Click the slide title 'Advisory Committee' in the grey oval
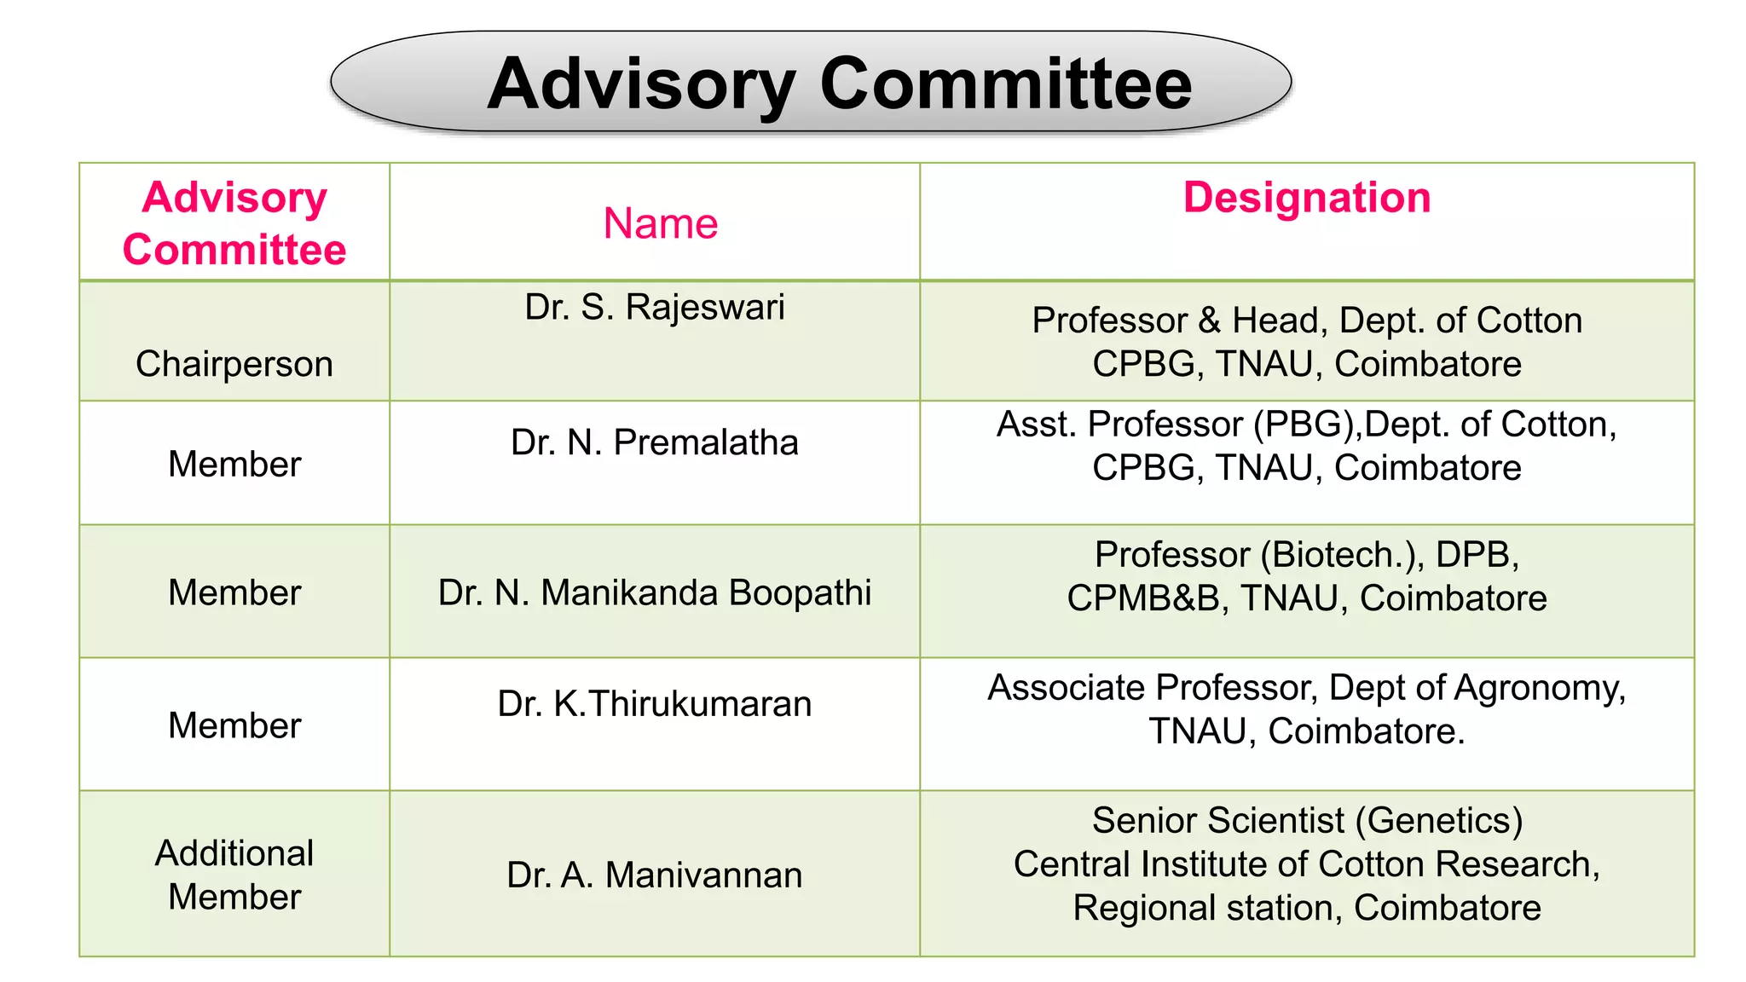point(839,84)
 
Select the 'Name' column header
point(660,223)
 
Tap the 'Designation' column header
point(1306,198)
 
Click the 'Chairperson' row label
point(234,364)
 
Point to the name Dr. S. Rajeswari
point(654,307)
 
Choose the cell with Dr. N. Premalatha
point(654,442)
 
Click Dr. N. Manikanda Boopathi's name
point(654,592)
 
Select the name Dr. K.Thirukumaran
point(654,704)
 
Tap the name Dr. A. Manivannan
point(654,875)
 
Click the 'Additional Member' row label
point(234,875)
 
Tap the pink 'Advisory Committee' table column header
point(234,223)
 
